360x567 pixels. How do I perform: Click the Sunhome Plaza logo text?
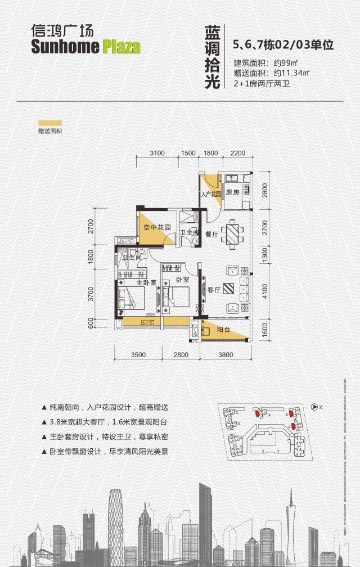point(85,46)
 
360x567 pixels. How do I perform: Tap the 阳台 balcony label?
point(223,330)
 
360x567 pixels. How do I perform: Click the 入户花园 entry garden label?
point(208,194)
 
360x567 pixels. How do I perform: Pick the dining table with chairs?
point(231,233)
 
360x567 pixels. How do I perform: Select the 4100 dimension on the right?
point(264,291)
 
